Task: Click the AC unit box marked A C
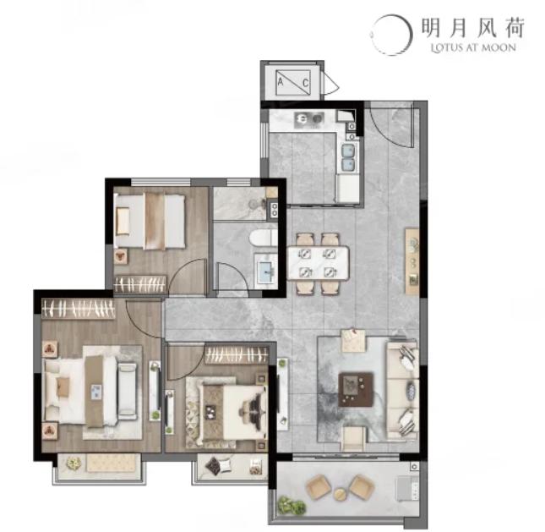(292, 82)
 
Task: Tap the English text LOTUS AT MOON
(473, 47)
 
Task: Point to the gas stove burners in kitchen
(308, 119)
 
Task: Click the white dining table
(318, 263)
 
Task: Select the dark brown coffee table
(357, 389)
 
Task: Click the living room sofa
(402, 389)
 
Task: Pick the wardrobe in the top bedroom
(139, 284)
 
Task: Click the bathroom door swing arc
(232, 276)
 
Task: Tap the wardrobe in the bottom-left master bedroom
(79, 308)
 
